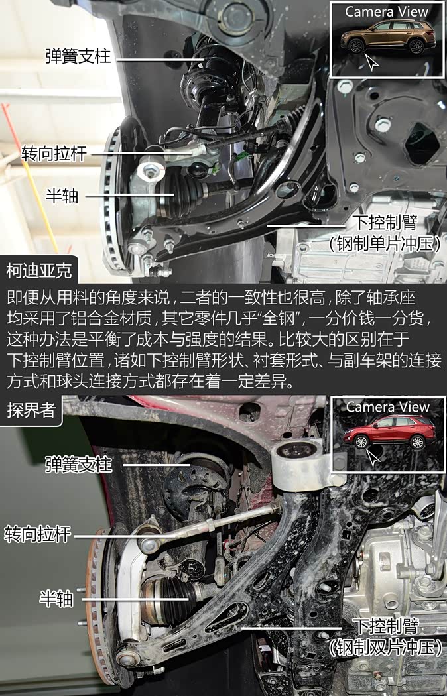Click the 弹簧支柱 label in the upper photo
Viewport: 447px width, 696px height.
coord(78,56)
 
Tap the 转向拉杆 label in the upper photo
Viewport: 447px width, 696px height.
coord(54,154)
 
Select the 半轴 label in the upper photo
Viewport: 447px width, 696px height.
coord(62,195)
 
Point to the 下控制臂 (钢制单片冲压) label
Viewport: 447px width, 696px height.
coord(385,233)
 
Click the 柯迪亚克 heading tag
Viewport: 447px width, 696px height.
coord(39,270)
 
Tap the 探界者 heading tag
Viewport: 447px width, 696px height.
coord(31,410)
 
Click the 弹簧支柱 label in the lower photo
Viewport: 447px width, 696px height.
coord(78,465)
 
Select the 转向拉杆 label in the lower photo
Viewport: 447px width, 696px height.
coord(37,534)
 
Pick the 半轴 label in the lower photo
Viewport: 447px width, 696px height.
coord(56,599)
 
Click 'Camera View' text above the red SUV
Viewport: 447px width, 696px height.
coord(387,406)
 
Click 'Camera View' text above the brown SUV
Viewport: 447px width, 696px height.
coord(387,11)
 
